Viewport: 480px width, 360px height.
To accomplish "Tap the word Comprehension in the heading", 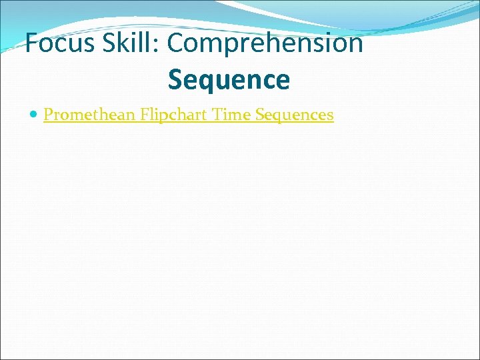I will pyautogui.click(x=265, y=43).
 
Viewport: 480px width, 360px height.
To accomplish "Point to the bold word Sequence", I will pyautogui.click(x=229, y=80).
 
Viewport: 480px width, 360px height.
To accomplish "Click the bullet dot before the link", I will pyautogui.click(x=35, y=115).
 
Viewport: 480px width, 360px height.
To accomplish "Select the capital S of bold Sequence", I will pyautogui.click(x=175, y=80).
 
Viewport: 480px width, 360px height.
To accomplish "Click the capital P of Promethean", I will pyautogui.click(x=47, y=115).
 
